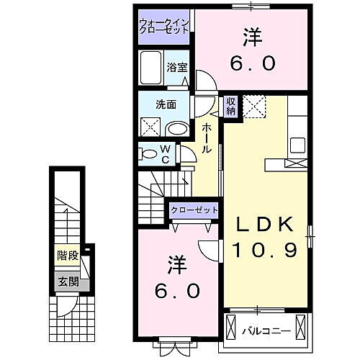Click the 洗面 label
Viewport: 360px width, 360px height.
pos(166,104)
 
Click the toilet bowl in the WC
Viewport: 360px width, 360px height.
pos(148,153)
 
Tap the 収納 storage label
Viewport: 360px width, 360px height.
pos(231,107)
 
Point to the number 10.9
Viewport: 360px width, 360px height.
pos(266,250)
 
